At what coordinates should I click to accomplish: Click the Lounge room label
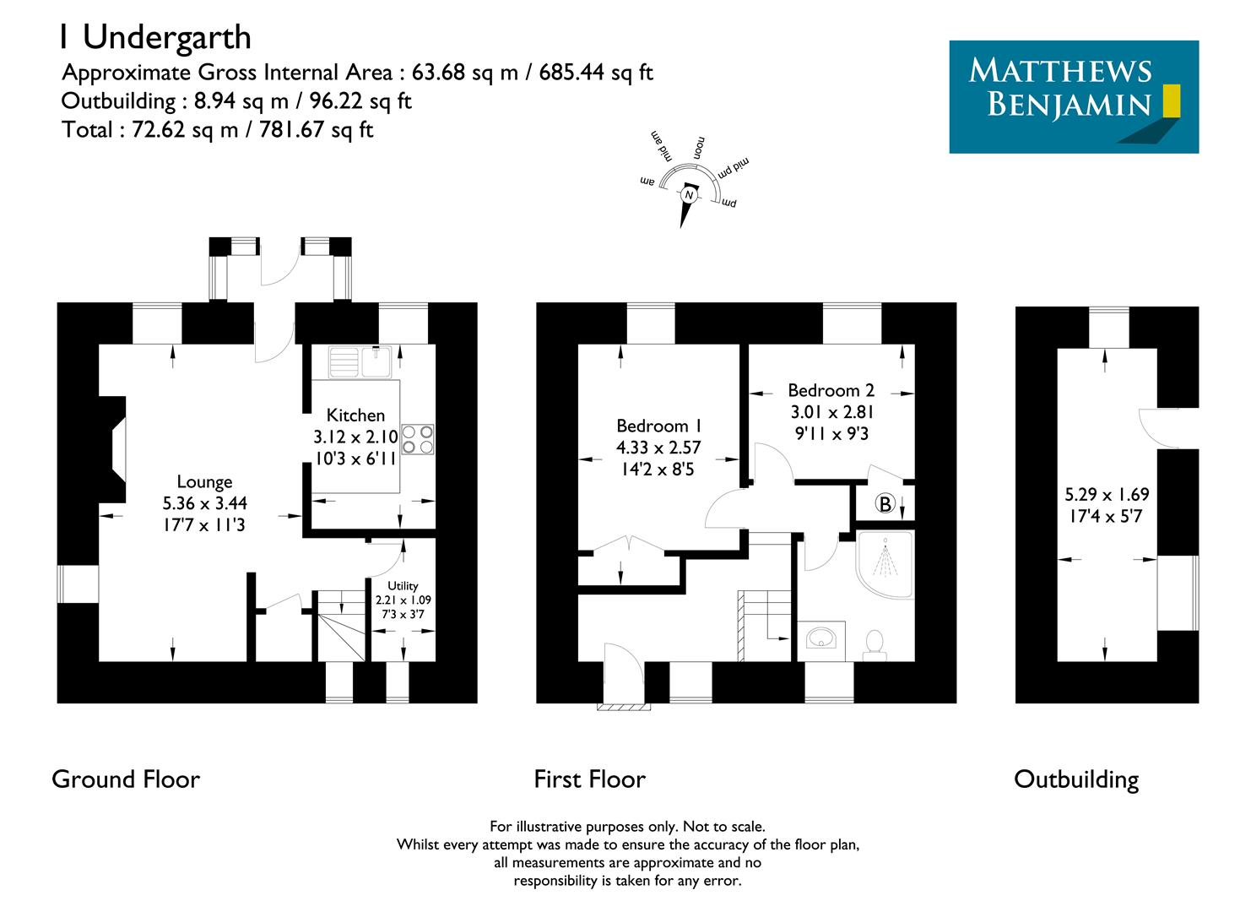[x=204, y=482]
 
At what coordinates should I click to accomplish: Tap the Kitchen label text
[x=355, y=415]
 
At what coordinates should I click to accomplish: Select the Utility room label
[x=403, y=586]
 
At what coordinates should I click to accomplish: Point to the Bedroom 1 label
[x=658, y=426]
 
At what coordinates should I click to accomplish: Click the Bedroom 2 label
[x=831, y=390]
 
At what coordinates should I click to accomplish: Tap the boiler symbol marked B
[x=885, y=504]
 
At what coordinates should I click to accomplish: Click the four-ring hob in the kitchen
[x=418, y=438]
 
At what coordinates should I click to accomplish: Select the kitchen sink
[x=358, y=362]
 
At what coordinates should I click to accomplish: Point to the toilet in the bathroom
[x=875, y=643]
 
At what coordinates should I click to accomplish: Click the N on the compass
[x=690, y=196]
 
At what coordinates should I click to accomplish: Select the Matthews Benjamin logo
[x=1074, y=96]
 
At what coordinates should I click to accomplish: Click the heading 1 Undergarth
[x=154, y=37]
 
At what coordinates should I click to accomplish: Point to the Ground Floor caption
[x=126, y=779]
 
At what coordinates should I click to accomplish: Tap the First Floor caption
[x=589, y=779]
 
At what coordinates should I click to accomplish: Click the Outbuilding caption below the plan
[x=1076, y=779]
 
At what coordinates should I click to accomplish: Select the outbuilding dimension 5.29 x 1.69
[x=1107, y=495]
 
